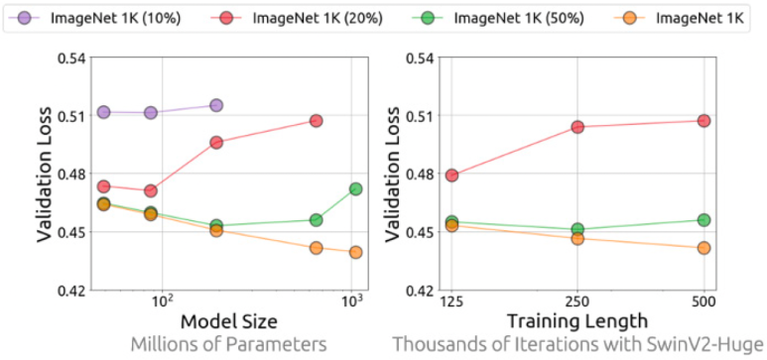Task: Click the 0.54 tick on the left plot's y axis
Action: click(x=69, y=58)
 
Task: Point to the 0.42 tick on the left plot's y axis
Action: click(x=69, y=291)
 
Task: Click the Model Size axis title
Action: click(x=229, y=322)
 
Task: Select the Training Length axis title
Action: click(x=577, y=322)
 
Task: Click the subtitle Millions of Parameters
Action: click(x=229, y=344)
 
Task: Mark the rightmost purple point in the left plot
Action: click(x=216, y=105)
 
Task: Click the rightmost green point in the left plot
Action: click(x=355, y=188)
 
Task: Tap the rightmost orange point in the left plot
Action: click(x=355, y=252)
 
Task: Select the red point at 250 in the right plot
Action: click(x=577, y=127)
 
